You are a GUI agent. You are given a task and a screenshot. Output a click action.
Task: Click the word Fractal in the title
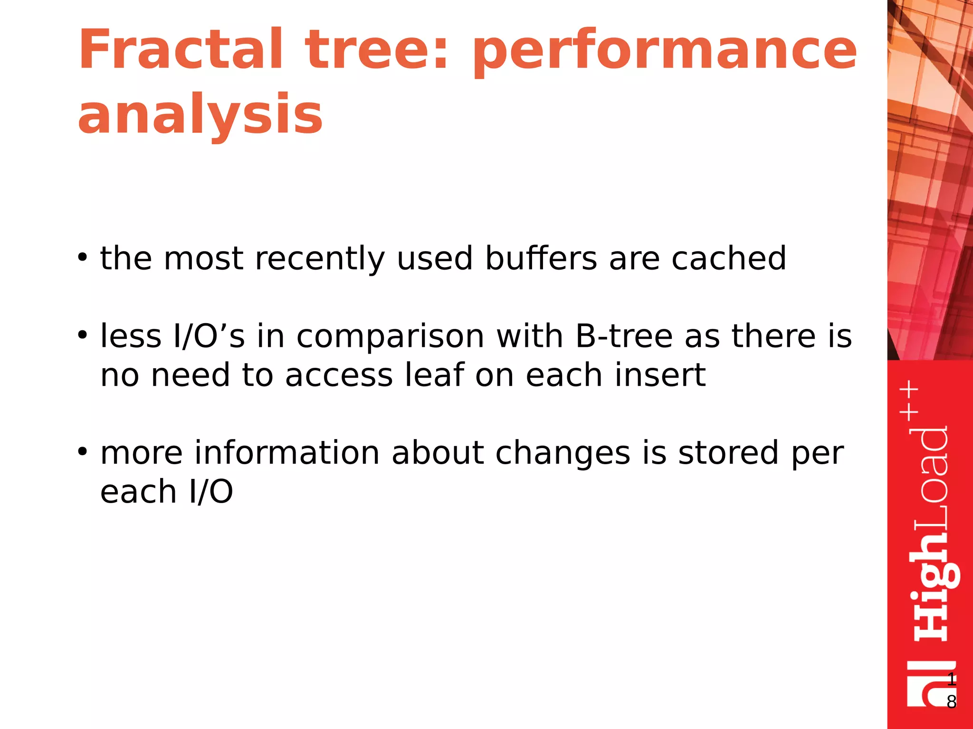coord(181,50)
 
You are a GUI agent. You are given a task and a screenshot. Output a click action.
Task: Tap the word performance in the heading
coord(665,51)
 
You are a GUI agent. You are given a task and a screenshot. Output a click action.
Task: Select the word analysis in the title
coord(200,114)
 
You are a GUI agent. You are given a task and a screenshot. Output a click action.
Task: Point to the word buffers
coord(541,259)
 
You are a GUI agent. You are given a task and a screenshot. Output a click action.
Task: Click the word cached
coord(728,259)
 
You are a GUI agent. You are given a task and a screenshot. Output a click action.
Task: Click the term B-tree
coord(624,336)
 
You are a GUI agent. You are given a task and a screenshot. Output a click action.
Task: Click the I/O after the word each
coord(211,492)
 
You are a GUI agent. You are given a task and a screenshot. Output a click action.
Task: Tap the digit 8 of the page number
coord(951,702)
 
